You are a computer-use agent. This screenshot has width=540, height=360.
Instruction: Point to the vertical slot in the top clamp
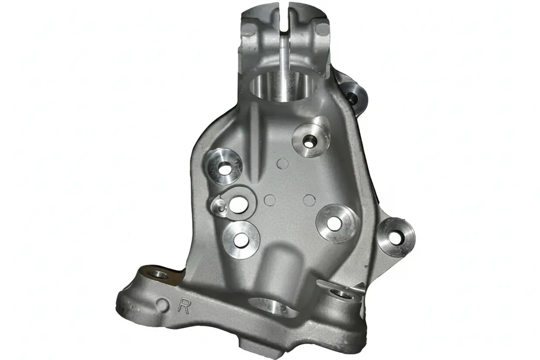285,18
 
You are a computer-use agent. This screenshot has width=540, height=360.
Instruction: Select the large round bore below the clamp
283,87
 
